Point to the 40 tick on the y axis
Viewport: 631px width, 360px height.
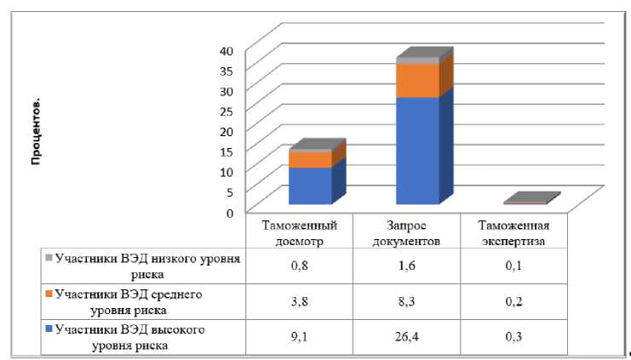226,50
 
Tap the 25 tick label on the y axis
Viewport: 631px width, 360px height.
226,111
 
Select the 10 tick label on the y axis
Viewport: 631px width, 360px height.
226,171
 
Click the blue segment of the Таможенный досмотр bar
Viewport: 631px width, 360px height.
309,186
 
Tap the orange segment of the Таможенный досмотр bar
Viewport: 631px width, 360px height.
309,159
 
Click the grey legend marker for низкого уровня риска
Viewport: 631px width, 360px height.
49,258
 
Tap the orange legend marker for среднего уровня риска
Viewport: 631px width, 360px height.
49,294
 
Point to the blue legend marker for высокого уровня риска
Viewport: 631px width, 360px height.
49,329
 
